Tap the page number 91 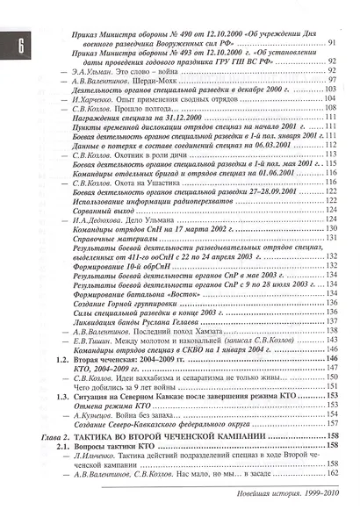[x=332, y=44]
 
